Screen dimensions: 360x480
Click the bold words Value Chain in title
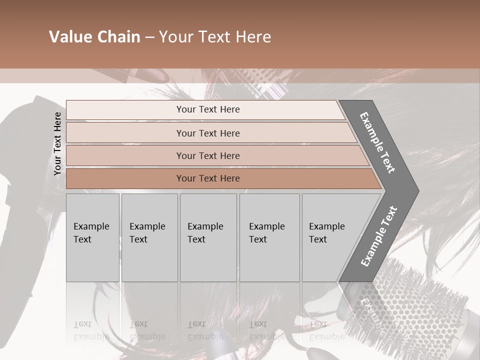tap(94, 37)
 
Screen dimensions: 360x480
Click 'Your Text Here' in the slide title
tap(215, 37)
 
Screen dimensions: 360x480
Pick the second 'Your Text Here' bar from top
tap(207, 133)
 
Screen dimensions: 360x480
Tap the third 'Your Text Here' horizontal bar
tap(207, 155)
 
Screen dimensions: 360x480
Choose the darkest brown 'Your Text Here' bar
tap(207, 178)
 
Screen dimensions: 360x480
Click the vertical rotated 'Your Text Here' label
tap(57, 143)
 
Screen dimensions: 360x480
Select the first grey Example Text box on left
tap(92, 237)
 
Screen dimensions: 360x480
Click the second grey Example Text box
tap(149, 237)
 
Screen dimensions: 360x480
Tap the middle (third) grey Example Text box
tap(208, 237)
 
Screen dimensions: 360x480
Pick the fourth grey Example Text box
tap(269, 237)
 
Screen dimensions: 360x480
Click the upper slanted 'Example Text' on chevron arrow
tap(377, 142)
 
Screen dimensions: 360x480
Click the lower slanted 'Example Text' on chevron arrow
tap(379, 236)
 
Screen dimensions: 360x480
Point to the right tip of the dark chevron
tap(417, 191)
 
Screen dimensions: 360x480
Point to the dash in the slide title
tap(149, 37)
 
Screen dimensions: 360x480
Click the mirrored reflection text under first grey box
tap(91, 330)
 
